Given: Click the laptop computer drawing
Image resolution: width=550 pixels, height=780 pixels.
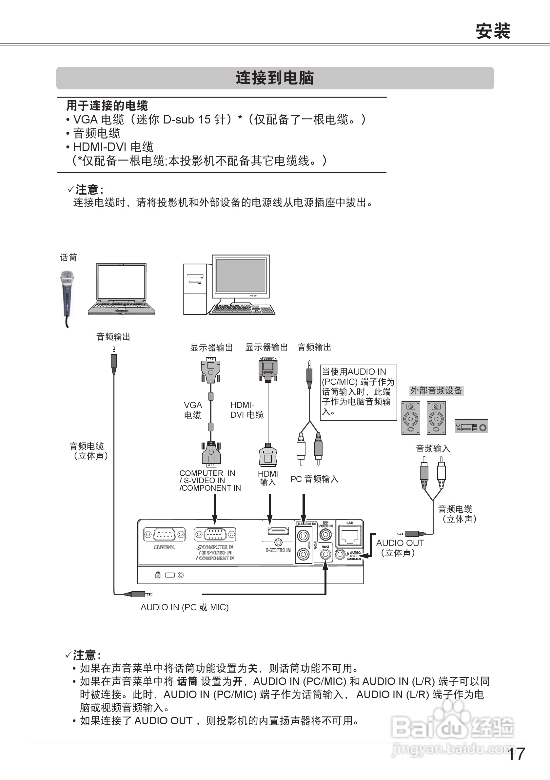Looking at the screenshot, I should click(x=121, y=289).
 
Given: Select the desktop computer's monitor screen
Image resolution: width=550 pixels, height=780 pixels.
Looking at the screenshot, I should click(x=241, y=275).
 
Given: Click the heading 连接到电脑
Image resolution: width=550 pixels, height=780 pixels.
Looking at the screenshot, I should click(x=275, y=78).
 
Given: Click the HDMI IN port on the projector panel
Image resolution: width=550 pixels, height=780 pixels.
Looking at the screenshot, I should click(x=278, y=531).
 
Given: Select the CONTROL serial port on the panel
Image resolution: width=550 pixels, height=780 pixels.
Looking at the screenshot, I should click(x=164, y=534).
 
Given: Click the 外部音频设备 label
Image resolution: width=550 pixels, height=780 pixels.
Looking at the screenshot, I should click(x=436, y=391).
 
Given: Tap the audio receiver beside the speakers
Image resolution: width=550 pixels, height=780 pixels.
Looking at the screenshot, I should click(x=471, y=426).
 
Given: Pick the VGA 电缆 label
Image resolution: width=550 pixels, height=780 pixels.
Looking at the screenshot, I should click(x=193, y=410).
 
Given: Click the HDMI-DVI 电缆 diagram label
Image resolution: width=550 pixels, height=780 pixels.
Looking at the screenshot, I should click(x=247, y=410).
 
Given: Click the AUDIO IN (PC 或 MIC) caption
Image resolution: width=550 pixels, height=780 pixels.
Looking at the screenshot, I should click(x=185, y=607).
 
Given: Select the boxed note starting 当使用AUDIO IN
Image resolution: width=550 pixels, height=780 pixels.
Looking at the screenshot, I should click(x=358, y=392).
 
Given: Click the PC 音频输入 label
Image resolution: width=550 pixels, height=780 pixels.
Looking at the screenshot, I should click(x=314, y=479).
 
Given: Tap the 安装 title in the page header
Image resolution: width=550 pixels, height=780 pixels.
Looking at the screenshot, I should click(x=493, y=31).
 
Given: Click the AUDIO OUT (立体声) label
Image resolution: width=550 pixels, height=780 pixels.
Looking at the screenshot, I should click(x=400, y=548).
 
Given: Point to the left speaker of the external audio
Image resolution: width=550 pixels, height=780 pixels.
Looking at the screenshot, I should click(x=411, y=418).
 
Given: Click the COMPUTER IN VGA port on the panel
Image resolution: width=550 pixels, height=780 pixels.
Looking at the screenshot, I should click(x=215, y=534).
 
